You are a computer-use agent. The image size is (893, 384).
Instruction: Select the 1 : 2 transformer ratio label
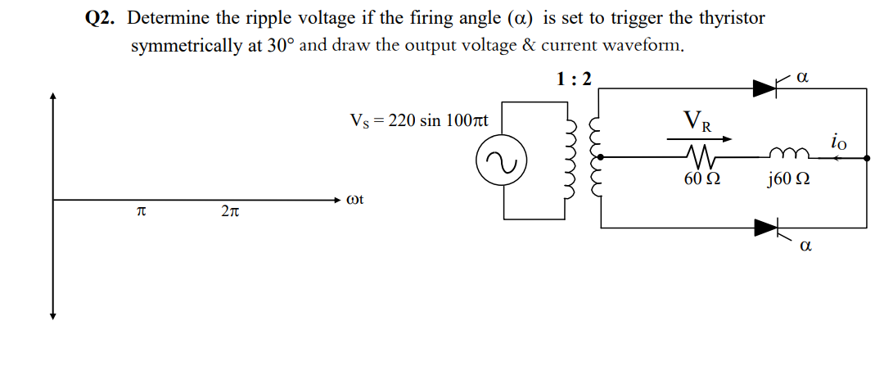(x=574, y=79)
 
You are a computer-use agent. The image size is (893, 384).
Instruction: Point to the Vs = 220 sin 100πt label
(x=418, y=121)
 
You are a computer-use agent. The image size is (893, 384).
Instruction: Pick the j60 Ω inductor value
(x=790, y=178)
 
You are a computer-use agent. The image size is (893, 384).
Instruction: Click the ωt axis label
(x=354, y=199)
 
